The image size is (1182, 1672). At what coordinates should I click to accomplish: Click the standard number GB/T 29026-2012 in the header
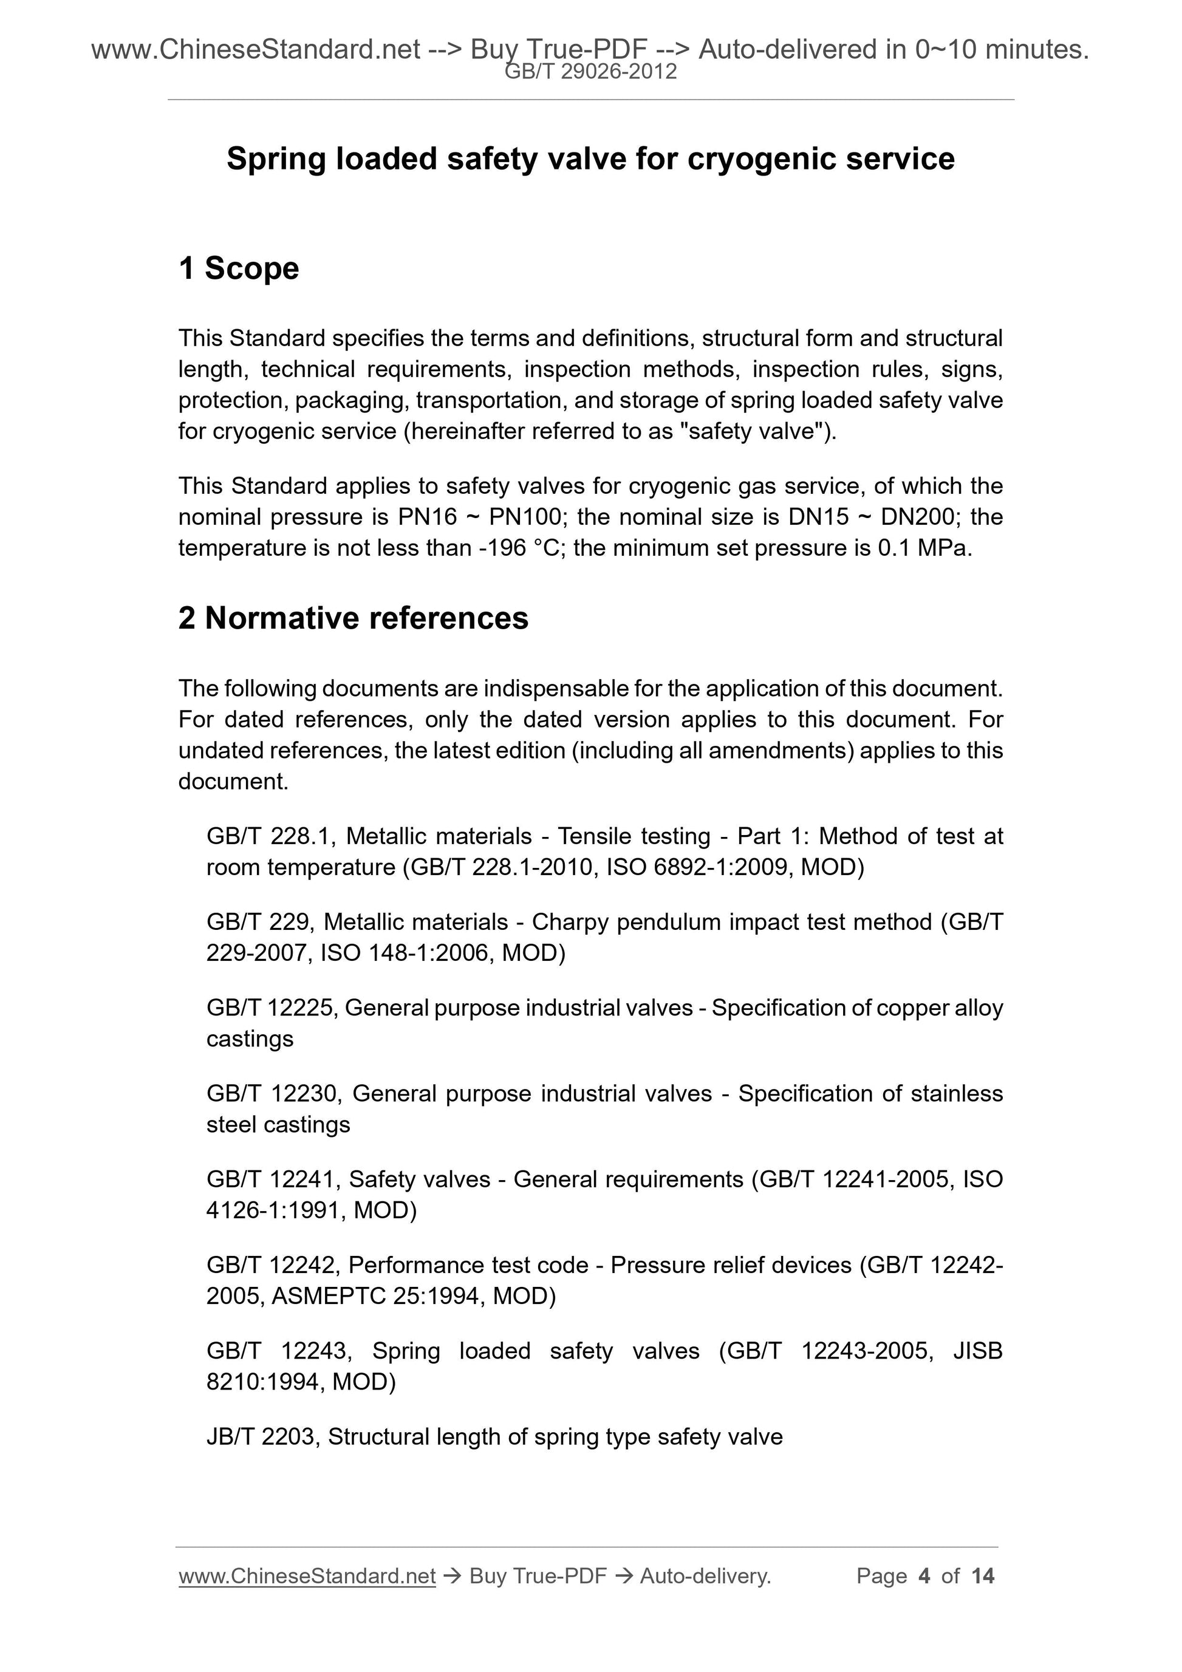(x=590, y=72)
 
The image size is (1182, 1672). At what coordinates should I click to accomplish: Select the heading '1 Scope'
(x=238, y=268)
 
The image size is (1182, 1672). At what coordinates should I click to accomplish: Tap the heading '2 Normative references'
(x=354, y=618)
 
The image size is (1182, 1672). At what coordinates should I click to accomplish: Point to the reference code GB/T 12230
(x=274, y=1094)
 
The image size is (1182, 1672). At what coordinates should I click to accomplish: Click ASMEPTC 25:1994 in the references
(x=374, y=1295)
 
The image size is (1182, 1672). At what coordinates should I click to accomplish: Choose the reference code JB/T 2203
(x=261, y=1437)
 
